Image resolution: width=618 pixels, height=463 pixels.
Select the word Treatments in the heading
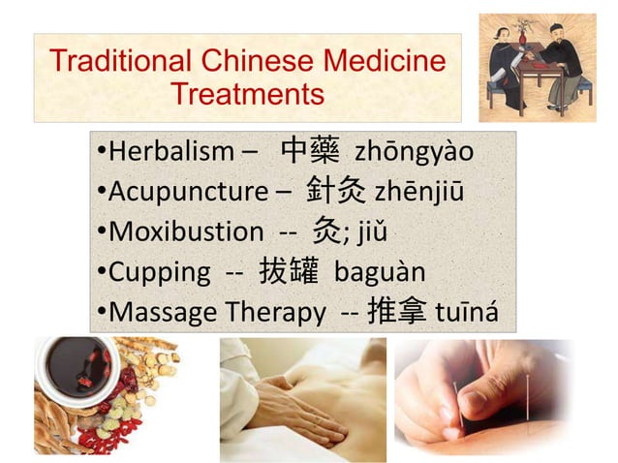point(247,95)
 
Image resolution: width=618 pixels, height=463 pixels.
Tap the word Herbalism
point(170,153)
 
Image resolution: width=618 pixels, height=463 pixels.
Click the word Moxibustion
point(185,232)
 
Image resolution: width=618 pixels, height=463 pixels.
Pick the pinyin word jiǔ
point(373,232)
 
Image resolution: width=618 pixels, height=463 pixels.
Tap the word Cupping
point(159,272)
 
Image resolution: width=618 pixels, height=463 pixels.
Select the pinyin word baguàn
point(380,272)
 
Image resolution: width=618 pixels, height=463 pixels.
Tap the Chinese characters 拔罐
point(289,271)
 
